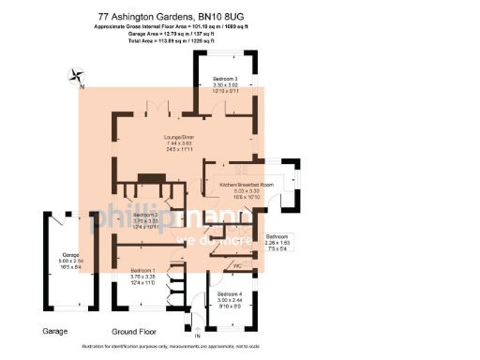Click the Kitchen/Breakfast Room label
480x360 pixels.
click(x=246, y=186)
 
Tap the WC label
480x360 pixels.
click(x=237, y=266)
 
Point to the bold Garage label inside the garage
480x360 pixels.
click(x=70, y=254)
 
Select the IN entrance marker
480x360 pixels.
click(x=197, y=335)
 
